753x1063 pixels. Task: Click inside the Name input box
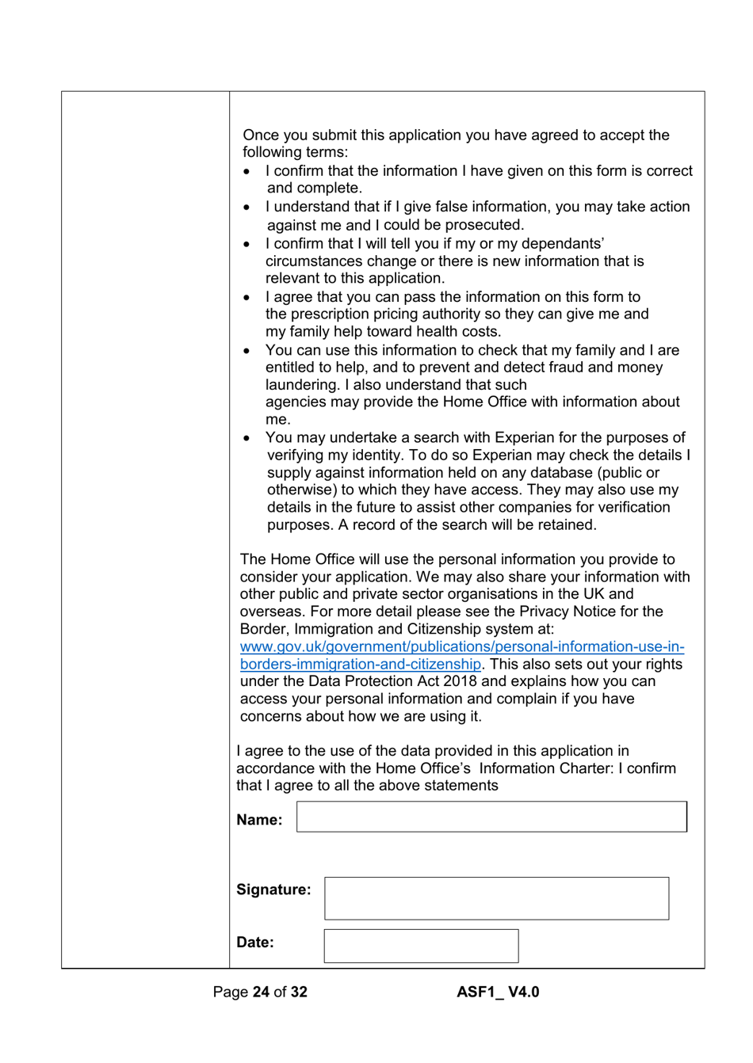491,817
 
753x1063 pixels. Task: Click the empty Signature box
496,898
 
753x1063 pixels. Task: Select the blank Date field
421,946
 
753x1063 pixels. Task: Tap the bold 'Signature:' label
273,890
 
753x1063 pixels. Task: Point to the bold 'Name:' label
259,820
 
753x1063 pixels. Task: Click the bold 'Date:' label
254,943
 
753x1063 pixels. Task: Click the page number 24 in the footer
261,992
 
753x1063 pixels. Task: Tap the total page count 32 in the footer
298,992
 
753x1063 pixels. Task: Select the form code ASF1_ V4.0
498,992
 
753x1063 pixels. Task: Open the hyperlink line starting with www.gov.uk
462,646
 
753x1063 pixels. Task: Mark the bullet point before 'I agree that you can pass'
247,298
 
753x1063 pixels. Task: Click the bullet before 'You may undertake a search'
247,438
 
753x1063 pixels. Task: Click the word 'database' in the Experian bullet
570,473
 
